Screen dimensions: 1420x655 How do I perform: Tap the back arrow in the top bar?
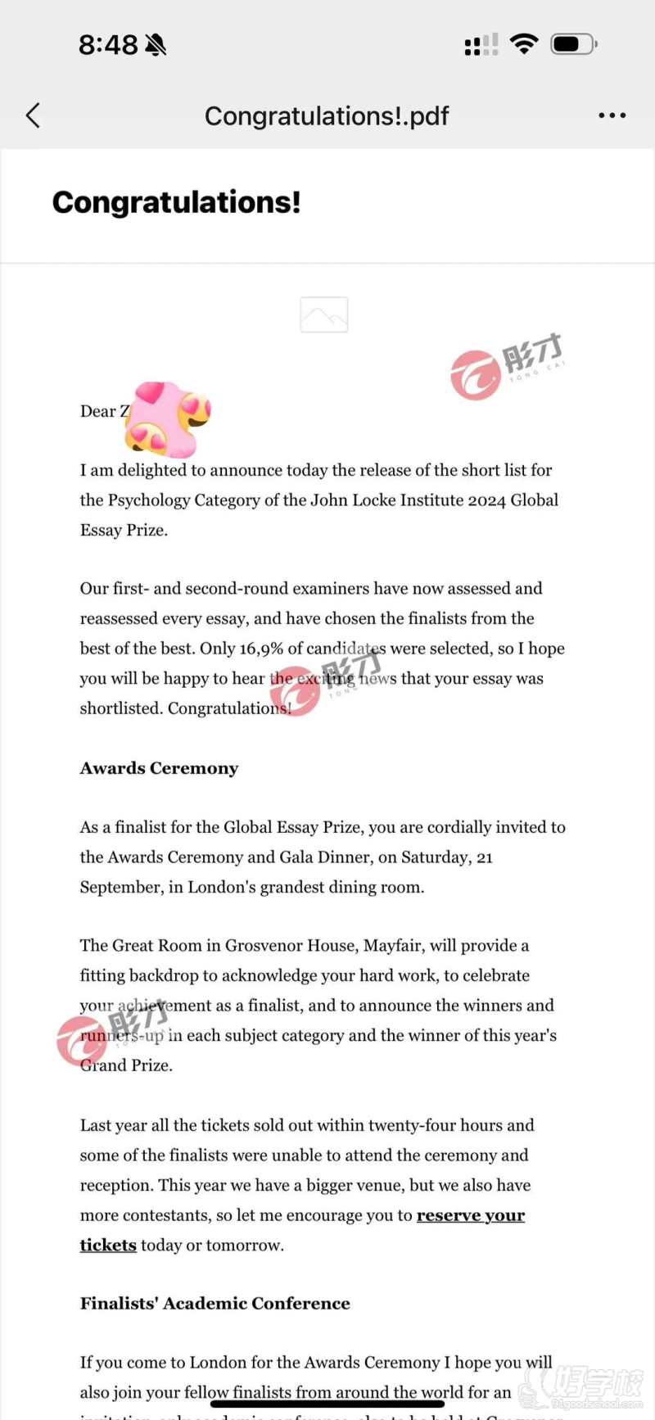click(33, 115)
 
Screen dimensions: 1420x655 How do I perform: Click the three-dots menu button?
click(612, 115)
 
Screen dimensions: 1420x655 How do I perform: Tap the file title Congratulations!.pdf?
click(327, 116)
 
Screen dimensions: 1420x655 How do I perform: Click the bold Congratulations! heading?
click(177, 202)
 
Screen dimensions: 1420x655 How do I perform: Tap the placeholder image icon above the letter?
click(324, 314)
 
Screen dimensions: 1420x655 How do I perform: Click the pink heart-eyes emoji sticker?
click(169, 418)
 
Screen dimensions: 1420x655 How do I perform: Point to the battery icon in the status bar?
click(573, 44)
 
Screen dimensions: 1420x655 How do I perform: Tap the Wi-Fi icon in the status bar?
click(523, 43)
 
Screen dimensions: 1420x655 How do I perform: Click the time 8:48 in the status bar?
click(108, 45)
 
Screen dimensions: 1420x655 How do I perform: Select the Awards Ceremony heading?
click(159, 768)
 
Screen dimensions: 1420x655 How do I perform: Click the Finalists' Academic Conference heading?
click(215, 1303)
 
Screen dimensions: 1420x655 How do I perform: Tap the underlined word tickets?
click(108, 1245)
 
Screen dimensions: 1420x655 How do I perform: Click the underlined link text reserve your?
click(471, 1215)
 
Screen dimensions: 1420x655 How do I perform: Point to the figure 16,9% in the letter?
click(261, 649)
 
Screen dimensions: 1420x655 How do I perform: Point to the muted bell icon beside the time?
click(156, 45)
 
